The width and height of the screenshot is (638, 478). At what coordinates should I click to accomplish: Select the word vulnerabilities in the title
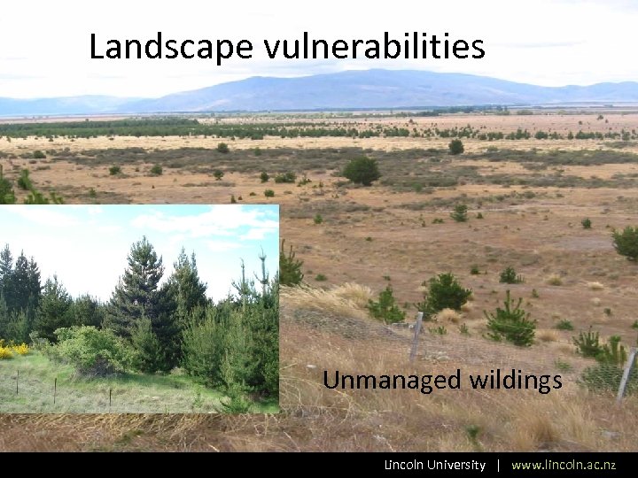click(x=374, y=47)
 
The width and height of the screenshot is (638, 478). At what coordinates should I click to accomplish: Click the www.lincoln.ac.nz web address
click(x=564, y=465)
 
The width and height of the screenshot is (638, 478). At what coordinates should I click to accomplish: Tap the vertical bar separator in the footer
click(x=499, y=465)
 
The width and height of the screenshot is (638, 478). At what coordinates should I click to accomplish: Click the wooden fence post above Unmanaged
click(x=416, y=336)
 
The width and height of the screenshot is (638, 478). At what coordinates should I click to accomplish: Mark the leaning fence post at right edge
click(x=627, y=373)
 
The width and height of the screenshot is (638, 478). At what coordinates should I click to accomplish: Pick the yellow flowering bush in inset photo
click(x=12, y=351)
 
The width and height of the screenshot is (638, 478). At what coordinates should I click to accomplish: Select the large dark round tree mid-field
click(x=362, y=170)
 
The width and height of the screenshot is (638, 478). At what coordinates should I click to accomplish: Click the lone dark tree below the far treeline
click(x=455, y=147)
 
